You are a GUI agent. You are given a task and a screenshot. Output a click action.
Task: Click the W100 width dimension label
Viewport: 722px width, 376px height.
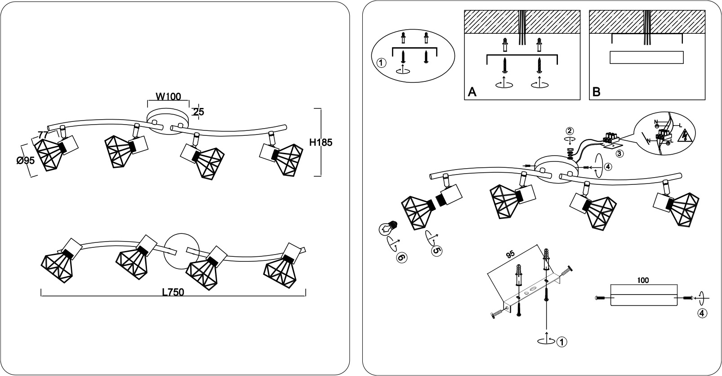pos(168,96)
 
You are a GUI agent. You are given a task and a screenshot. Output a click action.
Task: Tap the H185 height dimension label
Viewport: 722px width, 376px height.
pos(321,142)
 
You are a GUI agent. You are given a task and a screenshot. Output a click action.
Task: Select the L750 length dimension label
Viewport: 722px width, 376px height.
pos(173,292)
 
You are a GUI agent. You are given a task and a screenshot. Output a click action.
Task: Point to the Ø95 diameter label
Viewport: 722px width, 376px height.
pos(26,160)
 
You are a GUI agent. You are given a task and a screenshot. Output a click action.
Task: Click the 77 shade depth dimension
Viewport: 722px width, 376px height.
pos(43,134)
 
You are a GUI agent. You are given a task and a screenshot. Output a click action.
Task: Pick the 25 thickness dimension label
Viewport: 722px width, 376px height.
pos(199,112)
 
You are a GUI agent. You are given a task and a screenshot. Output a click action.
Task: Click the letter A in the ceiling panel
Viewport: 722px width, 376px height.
pos(472,92)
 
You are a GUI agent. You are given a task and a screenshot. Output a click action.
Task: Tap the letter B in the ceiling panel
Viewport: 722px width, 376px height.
pos(596,92)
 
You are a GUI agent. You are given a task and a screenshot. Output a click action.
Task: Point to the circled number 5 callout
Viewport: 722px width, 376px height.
pos(437,251)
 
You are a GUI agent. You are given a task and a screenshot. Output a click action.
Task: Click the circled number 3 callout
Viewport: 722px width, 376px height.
pos(619,153)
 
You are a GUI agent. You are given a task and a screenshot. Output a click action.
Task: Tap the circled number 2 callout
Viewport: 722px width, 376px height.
pos(570,131)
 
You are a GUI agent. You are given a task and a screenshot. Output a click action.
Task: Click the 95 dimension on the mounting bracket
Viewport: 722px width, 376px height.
pos(510,255)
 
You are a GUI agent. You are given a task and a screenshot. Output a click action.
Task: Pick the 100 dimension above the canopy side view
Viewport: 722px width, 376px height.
pos(643,280)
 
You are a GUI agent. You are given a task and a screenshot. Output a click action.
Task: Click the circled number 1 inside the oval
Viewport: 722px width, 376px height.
pos(381,63)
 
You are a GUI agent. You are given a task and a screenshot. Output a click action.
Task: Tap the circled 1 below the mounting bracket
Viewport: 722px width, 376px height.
pos(562,342)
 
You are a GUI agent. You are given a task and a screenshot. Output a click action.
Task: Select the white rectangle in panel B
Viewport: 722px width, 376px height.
pos(646,58)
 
